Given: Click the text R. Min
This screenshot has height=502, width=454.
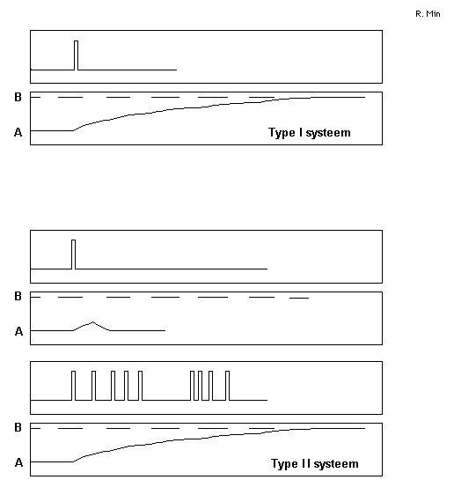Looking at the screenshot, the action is click(428, 14).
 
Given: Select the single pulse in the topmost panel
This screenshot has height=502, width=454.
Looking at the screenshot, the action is click(77, 55).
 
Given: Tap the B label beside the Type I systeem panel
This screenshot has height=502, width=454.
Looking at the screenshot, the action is click(18, 97).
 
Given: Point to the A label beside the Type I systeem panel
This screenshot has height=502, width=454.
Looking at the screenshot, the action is click(18, 132).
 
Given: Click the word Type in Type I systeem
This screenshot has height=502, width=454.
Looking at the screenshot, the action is click(282, 132).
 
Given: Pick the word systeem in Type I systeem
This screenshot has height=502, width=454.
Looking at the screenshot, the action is click(328, 133).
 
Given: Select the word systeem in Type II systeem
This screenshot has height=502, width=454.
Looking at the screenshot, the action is click(336, 464).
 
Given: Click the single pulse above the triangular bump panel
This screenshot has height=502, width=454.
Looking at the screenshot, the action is click(74, 255).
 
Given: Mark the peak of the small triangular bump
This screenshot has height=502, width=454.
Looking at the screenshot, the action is click(93, 322).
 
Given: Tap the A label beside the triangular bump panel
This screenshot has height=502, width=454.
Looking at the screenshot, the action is click(18, 331).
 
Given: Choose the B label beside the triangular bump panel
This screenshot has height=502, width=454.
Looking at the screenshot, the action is click(18, 296).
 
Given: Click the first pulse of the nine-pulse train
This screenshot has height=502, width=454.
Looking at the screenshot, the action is click(74, 386).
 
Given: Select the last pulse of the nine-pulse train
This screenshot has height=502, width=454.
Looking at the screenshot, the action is click(228, 386).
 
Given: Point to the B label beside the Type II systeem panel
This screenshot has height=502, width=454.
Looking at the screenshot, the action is click(18, 427).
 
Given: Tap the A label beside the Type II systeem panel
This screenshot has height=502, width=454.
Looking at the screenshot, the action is click(18, 462).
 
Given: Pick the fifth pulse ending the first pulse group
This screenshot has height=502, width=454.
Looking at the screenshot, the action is click(141, 386).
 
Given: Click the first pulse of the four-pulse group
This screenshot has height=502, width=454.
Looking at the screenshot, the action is click(192, 386).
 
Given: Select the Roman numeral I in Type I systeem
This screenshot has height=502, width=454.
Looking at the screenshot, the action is click(300, 132).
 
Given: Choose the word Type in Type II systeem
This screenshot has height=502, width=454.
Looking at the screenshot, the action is click(284, 464).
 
